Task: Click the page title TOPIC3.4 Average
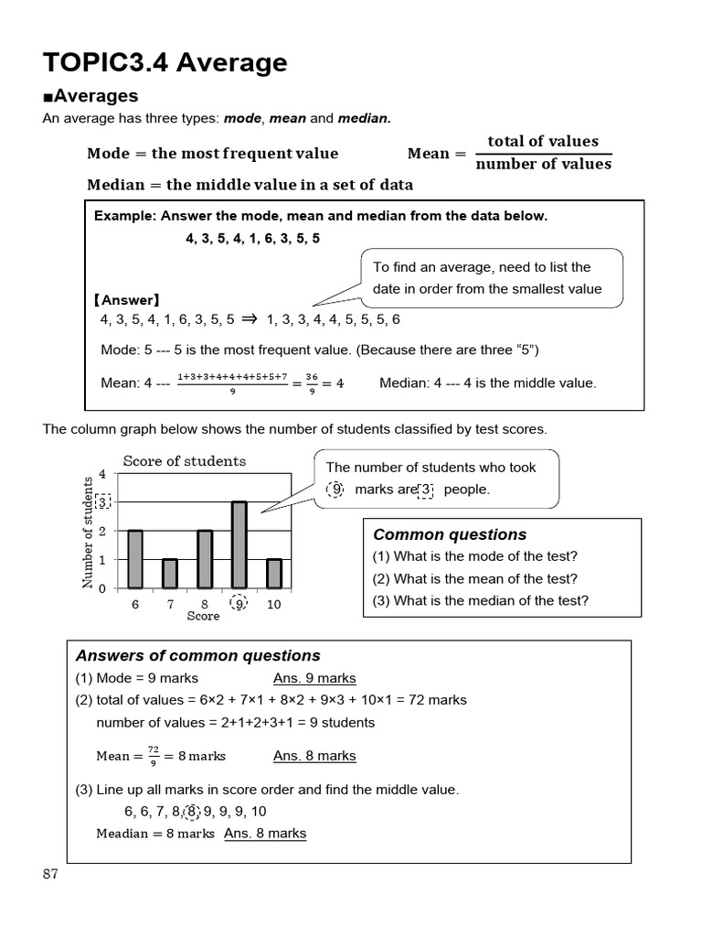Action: (x=165, y=62)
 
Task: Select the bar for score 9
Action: (x=238, y=544)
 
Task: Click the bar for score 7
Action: (x=169, y=573)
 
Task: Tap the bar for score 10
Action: (x=273, y=573)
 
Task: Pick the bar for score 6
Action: (x=135, y=558)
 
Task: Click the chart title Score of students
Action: (x=184, y=461)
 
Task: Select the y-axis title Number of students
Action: (x=89, y=532)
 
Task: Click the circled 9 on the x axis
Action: (x=239, y=604)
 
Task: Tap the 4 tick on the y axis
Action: (x=102, y=474)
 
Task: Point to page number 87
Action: (x=50, y=874)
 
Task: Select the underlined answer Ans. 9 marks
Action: (x=314, y=678)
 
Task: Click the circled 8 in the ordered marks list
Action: (x=192, y=812)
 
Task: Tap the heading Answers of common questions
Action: (x=197, y=655)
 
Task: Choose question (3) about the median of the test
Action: (x=480, y=600)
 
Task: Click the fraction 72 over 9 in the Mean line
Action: (x=153, y=756)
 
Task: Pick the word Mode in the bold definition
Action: (x=109, y=153)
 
